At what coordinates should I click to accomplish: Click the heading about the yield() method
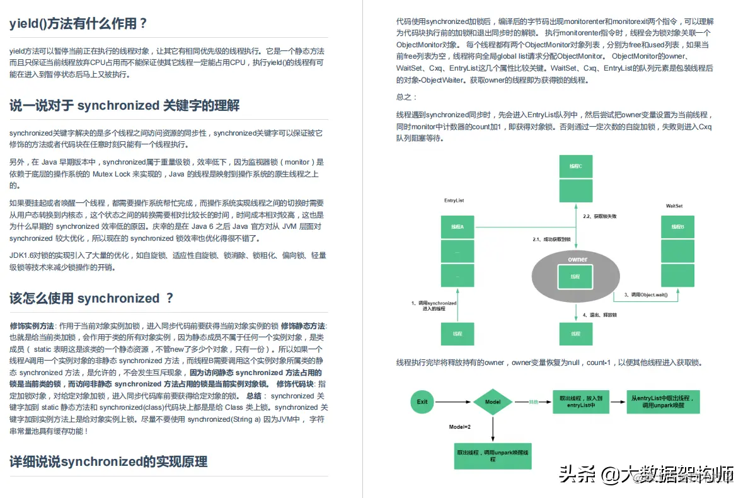pos(78,24)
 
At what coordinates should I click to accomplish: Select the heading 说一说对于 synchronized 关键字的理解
pos(124,105)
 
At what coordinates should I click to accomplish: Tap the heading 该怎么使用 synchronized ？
pos(91,298)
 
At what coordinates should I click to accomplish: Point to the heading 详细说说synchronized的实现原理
pos(108,461)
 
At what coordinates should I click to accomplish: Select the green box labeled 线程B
pos(678,227)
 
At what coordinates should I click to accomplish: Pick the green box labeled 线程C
pos(576,166)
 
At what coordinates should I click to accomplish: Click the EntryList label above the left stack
pos(454,200)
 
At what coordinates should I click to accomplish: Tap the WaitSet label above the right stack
pos(674,206)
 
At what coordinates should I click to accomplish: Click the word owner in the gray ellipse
pos(577,259)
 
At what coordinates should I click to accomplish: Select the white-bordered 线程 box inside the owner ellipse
pos(575,277)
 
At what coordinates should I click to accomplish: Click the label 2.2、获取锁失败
pos(599,216)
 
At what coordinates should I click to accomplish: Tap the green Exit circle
pos(422,402)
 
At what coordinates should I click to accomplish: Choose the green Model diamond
pos(492,402)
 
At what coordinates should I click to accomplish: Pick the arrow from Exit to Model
pos(453,402)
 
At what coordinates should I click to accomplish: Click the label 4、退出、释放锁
pos(599,315)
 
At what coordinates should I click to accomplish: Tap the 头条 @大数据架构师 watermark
pos(646,474)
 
